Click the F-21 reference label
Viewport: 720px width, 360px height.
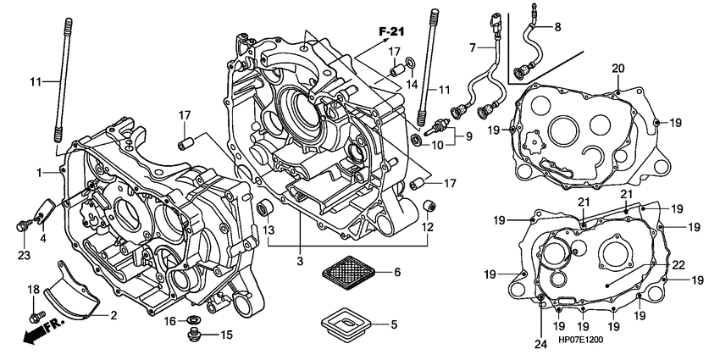[391, 31]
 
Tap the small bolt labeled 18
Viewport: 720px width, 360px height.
[35, 318]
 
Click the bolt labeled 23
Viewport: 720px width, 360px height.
[21, 225]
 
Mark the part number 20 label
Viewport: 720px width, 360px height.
[618, 69]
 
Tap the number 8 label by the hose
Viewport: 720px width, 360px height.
[557, 27]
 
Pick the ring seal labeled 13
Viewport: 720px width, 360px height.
[264, 208]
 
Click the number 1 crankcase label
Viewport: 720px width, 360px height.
[39, 173]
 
